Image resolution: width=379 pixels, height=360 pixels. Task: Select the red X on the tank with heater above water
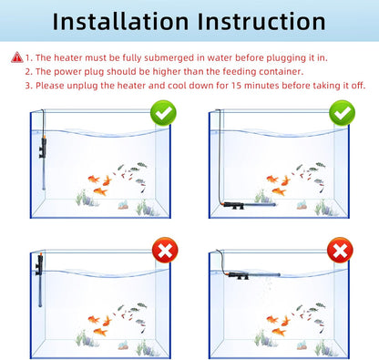[163, 250]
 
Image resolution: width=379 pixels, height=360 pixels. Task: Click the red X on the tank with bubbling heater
[340, 250]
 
